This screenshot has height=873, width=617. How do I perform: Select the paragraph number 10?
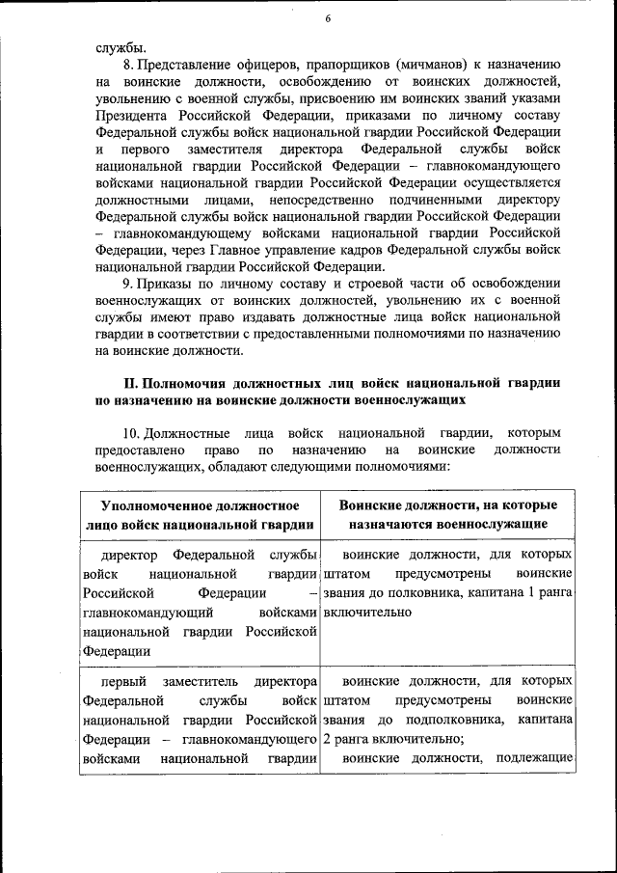click(x=132, y=432)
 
